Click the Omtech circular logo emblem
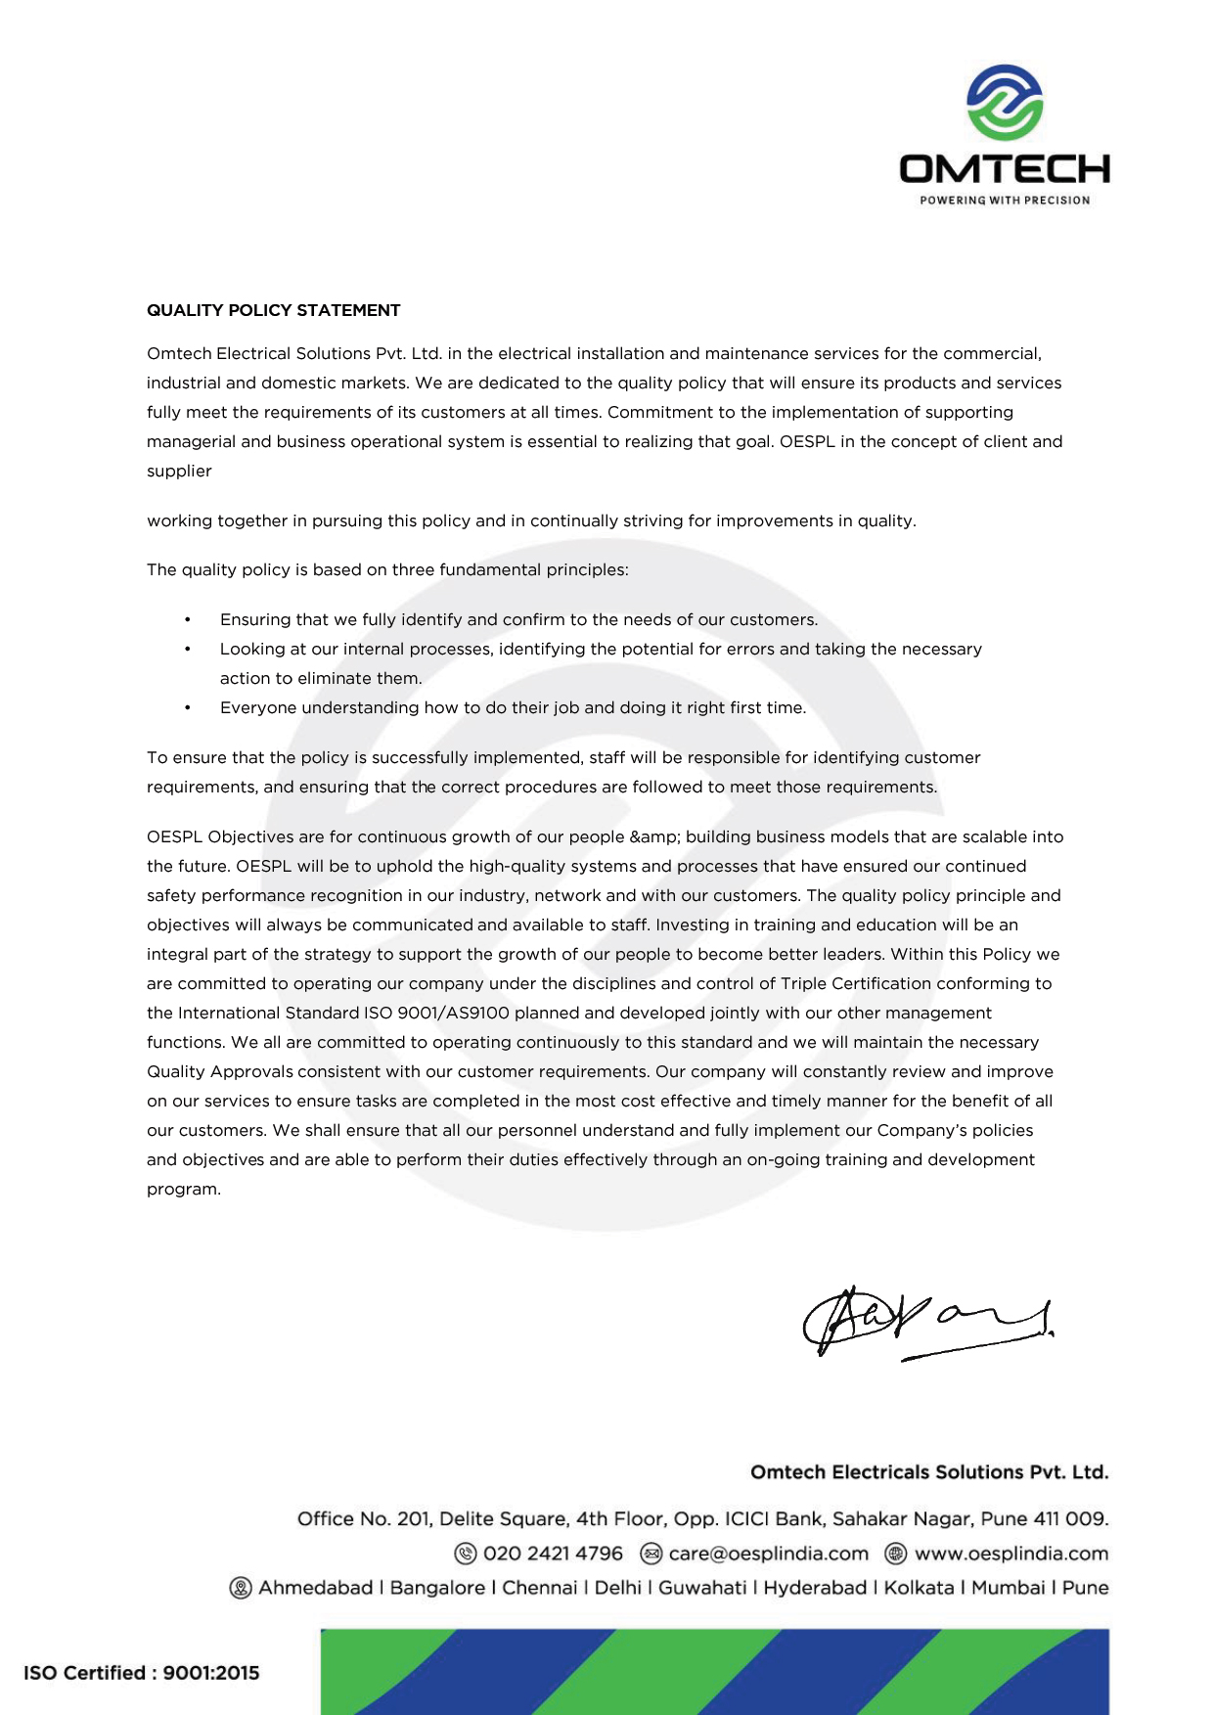tap(1005, 102)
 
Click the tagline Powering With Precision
tap(1005, 201)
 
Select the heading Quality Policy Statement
tap(274, 310)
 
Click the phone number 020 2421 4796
tap(553, 1554)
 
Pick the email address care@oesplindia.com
tap(769, 1554)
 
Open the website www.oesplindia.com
tap(1011, 1554)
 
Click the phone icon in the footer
tap(467, 1554)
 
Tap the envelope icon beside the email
tap(651, 1554)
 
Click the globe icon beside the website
tap(895, 1554)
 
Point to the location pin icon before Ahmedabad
tap(240, 1588)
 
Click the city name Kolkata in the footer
tap(919, 1588)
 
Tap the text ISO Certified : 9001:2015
tap(142, 1673)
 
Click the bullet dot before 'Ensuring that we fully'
tap(188, 620)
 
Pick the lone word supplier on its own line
tap(179, 471)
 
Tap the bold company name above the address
tap(929, 1472)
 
